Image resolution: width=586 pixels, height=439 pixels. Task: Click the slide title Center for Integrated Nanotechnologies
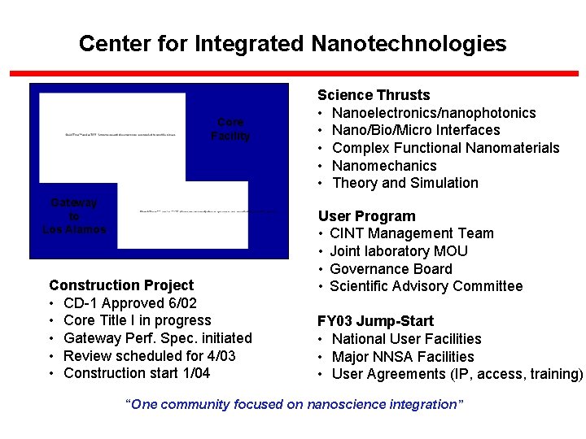[x=292, y=44]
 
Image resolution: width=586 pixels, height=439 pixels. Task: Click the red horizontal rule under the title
[x=293, y=73]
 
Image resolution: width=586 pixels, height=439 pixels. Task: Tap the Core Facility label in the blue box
[x=230, y=129]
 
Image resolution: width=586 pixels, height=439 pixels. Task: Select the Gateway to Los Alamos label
[x=74, y=216]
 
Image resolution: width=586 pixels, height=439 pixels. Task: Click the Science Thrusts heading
[x=374, y=95]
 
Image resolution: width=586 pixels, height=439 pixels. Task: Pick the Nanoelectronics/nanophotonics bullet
[x=434, y=113]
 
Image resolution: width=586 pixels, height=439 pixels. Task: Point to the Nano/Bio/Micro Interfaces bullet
[x=416, y=130]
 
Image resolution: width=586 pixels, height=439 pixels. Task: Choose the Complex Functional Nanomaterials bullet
[x=446, y=148]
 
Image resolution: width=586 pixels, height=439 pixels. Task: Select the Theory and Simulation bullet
[x=405, y=183]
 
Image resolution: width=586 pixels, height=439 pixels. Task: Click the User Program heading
[x=366, y=216]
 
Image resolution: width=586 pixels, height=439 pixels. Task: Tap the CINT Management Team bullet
[x=412, y=233]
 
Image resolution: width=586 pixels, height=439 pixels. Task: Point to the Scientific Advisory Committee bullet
[x=426, y=286]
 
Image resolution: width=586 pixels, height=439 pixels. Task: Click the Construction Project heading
[x=121, y=285]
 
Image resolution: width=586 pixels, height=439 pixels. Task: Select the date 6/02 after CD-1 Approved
[x=180, y=303]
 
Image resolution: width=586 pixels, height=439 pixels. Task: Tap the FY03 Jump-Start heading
[x=376, y=321]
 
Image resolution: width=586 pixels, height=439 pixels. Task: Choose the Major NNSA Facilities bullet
[x=403, y=357]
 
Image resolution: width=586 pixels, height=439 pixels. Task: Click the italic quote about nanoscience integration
[x=294, y=404]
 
